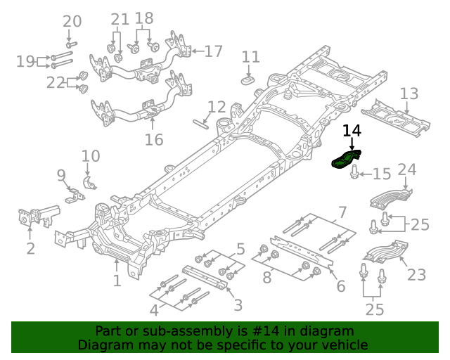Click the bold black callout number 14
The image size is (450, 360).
tap(352, 131)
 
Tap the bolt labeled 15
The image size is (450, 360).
tap(355, 172)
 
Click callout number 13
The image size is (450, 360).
tap(409, 94)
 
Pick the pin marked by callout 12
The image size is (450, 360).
tap(200, 124)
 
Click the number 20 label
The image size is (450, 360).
tap(72, 21)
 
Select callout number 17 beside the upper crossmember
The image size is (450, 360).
tap(213, 51)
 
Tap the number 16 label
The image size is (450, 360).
tap(154, 139)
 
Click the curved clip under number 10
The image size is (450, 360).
tap(89, 183)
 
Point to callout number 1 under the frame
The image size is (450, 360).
tap(117, 281)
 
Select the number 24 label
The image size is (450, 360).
tap(407, 169)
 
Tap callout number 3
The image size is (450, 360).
tap(238, 304)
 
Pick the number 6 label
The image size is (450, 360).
tap(340, 286)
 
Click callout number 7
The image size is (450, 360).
tap(342, 212)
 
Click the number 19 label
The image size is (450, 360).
tap(26, 61)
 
